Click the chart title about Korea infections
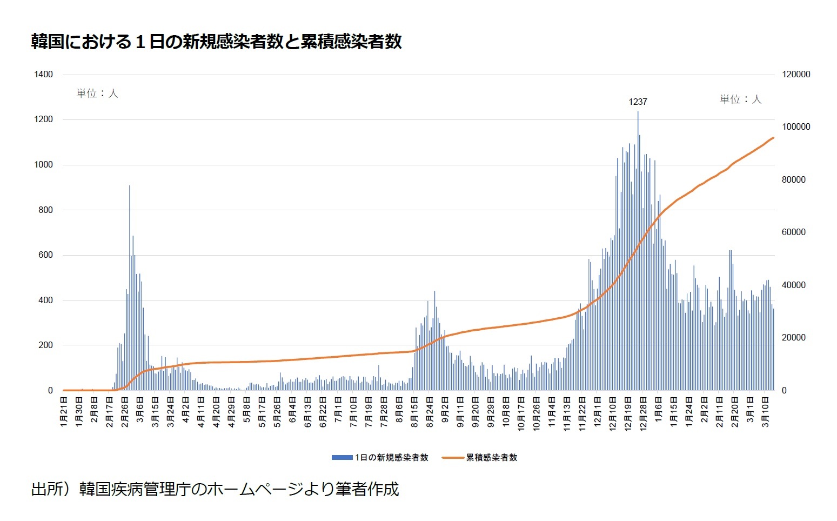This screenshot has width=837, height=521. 216,42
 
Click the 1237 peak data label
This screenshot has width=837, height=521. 638,102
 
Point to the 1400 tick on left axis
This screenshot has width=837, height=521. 43,75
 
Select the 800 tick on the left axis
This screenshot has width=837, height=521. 45,210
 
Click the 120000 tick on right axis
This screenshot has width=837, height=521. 796,75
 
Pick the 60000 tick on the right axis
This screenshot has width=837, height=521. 794,232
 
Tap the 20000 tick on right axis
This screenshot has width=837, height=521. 794,338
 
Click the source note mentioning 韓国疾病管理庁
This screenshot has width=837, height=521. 215,489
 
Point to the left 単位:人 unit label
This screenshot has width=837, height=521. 97,93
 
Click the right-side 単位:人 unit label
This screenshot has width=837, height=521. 740,99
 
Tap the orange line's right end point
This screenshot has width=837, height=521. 773,138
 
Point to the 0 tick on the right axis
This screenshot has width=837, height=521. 785,390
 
